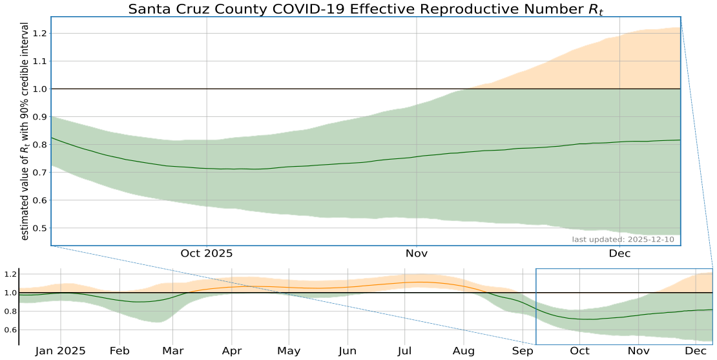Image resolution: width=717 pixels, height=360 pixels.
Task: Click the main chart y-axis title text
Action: tap(25, 132)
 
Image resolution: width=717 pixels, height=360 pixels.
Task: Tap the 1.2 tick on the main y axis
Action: tap(39, 34)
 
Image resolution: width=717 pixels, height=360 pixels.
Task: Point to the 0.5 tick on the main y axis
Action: tap(39, 228)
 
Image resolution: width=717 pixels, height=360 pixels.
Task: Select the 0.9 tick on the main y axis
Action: tap(39, 117)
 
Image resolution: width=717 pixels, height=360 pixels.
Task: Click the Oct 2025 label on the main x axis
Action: tap(207, 253)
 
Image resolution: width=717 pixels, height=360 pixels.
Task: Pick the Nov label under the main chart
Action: tap(417, 253)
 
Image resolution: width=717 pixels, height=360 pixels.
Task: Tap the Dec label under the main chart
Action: tap(620, 253)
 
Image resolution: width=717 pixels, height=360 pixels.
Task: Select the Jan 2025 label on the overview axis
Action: tap(61, 351)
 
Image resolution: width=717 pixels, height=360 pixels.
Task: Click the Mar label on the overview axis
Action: tap(173, 351)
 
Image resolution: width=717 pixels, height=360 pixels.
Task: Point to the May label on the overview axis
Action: tap(289, 351)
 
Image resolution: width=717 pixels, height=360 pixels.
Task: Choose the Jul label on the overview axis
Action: tap(406, 351)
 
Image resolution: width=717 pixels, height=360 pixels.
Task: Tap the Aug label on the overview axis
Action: tap(464, 351)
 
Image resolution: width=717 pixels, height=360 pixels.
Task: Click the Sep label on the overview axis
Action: tap(523, 351)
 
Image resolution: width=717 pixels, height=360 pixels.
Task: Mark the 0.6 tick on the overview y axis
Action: tap(10, 330)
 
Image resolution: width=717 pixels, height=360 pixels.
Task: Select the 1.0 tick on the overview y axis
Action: tap(10, 293)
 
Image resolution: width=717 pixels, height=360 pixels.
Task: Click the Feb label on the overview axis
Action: tap(119, 351)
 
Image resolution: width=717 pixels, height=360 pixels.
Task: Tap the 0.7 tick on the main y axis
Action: tap(39, 173)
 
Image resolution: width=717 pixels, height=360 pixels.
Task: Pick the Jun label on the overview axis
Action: tap(348, 351)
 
